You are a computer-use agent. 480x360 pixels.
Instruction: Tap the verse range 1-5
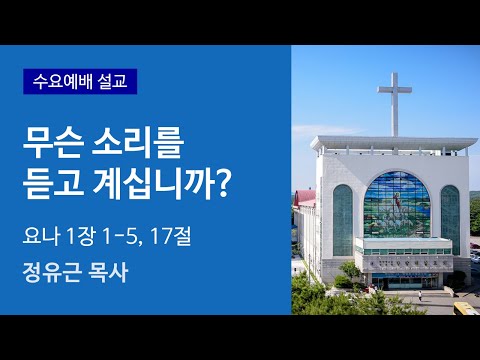click(143, 237)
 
